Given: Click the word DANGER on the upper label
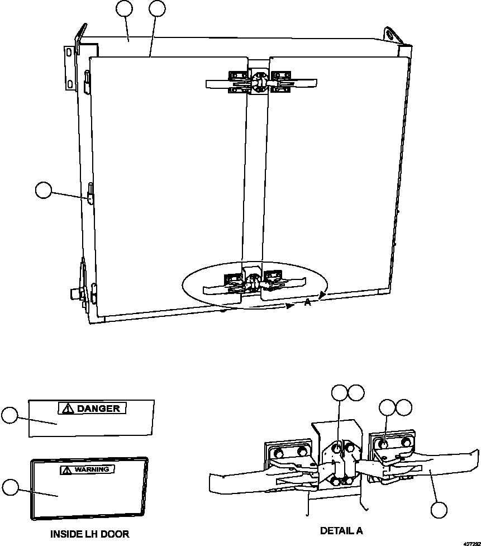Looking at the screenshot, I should tap(98, 409).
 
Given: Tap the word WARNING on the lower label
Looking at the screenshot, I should tap(93, 469).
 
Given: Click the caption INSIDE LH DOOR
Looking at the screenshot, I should tap(89, 534).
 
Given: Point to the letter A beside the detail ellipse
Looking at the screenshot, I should tap(307, 302).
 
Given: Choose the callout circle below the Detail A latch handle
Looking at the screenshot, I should tap(439, 510).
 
